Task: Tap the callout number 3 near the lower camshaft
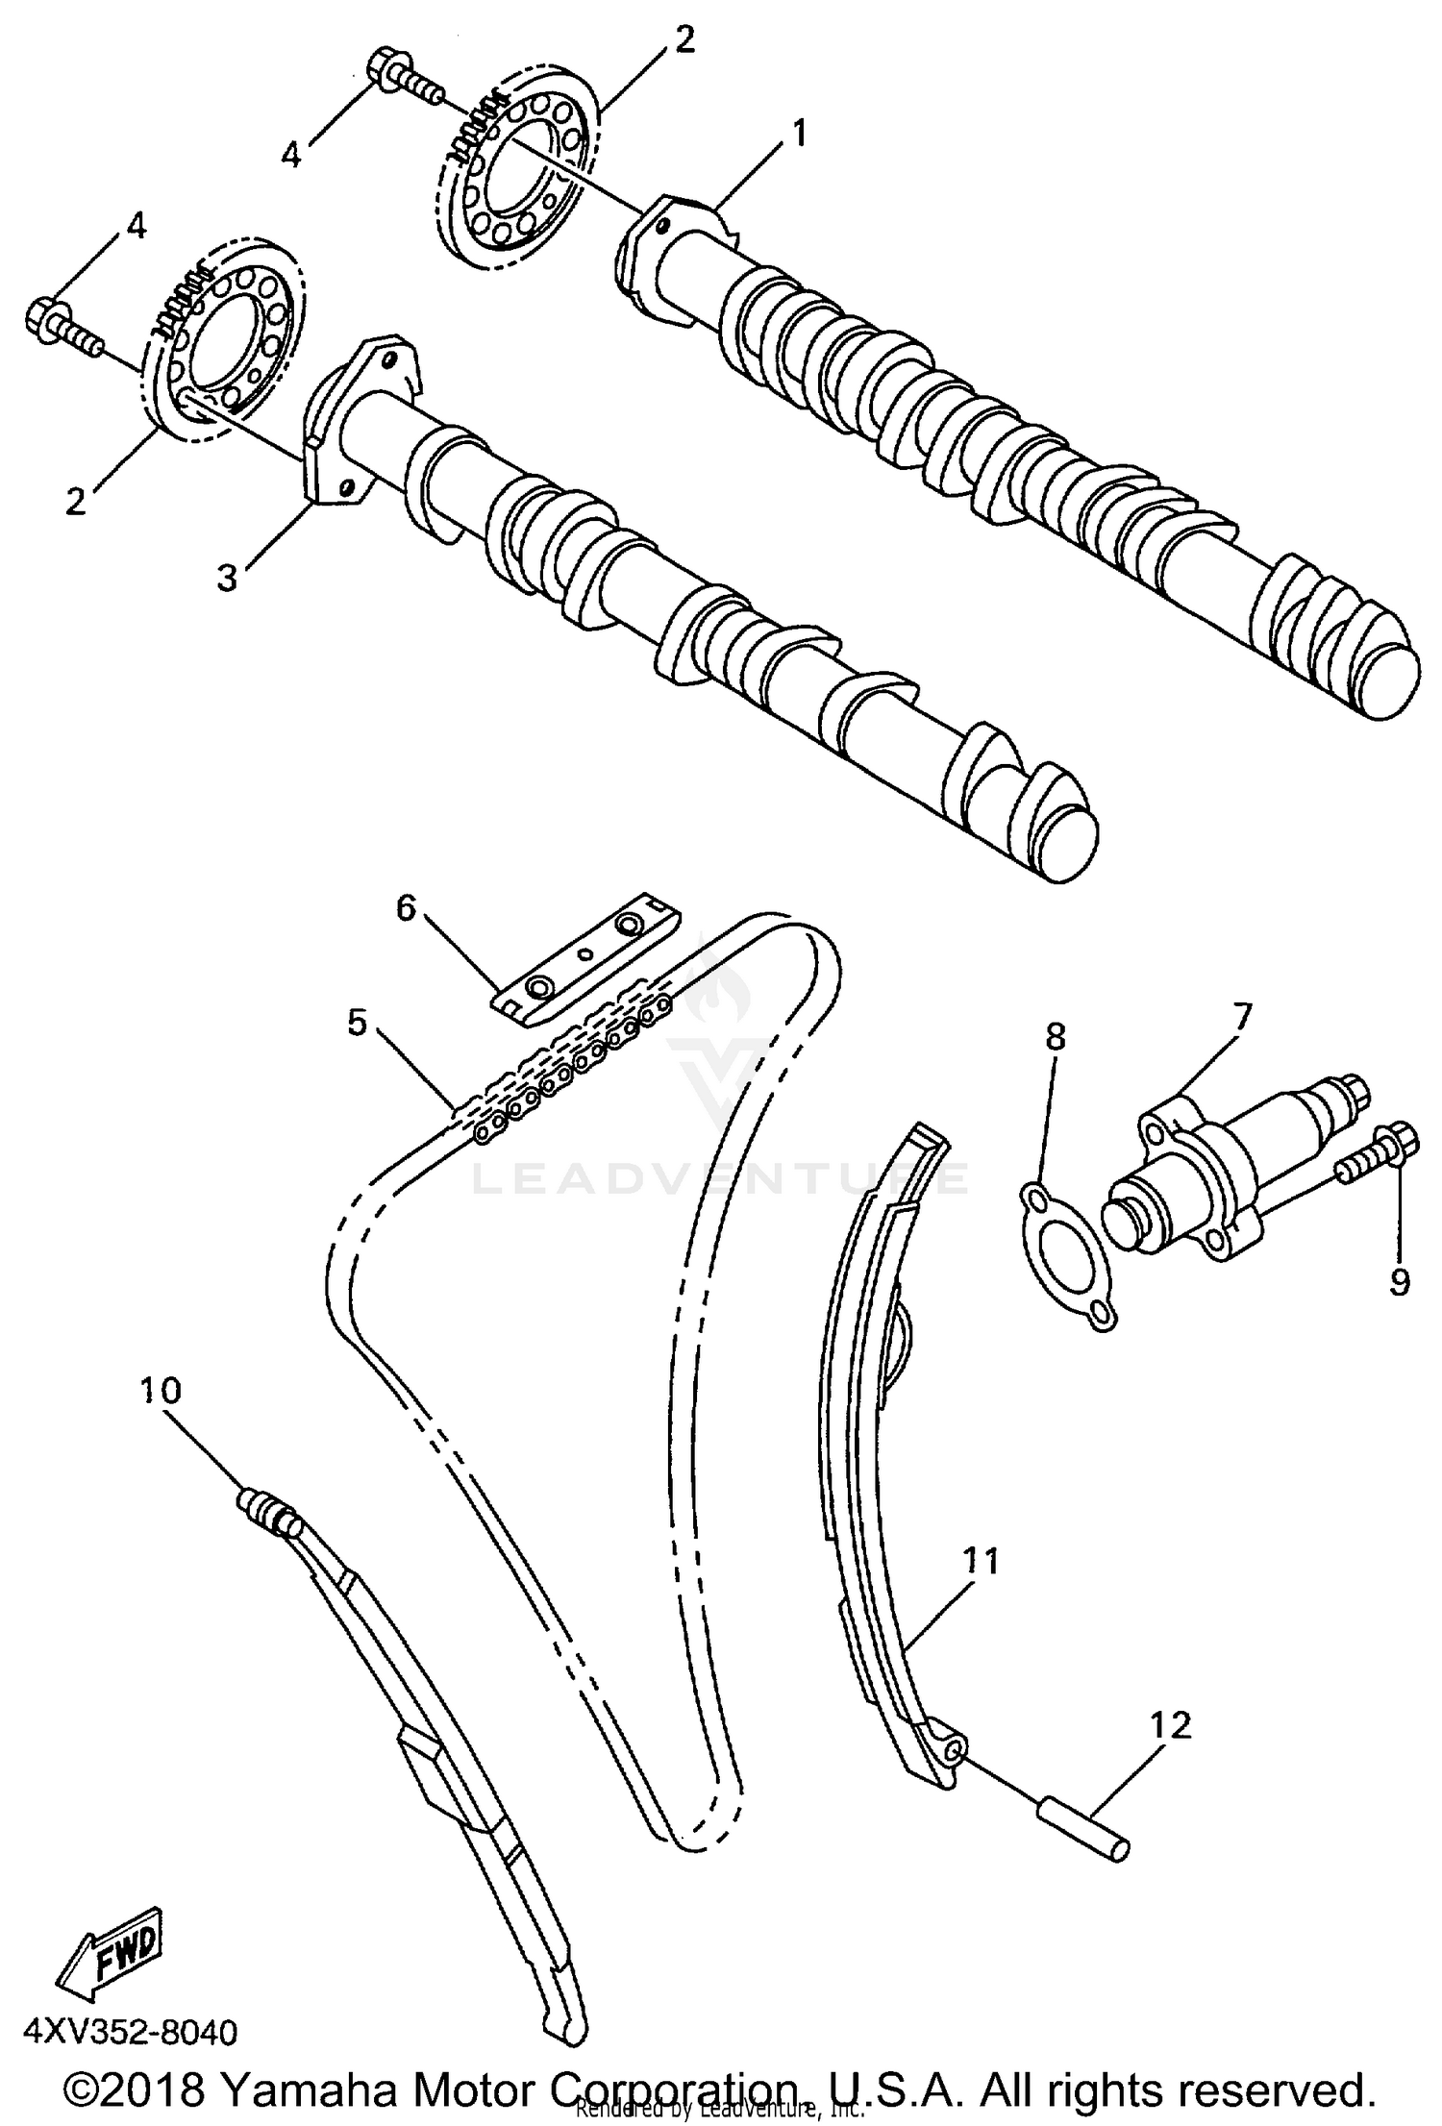(228, 579)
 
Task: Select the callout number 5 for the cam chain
(358, 1024)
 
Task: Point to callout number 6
(406, 906)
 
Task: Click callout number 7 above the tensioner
(1241, 1016)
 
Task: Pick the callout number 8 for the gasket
(1056, 1037)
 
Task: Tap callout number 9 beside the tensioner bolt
(1399, 1281)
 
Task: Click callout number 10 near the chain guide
(161, 1391)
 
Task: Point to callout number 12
(1169, 1725)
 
